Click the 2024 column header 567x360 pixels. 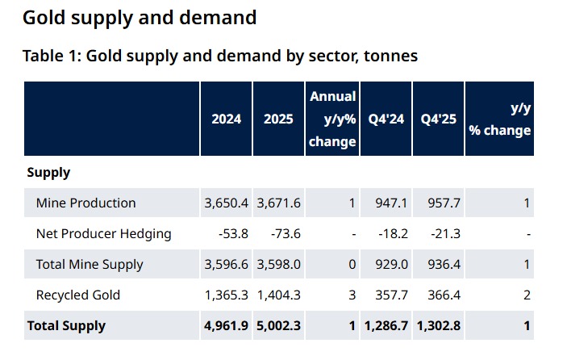226,119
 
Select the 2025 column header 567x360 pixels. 278,119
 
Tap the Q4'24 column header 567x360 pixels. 386,119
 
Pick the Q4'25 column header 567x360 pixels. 438,119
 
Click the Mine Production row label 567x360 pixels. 85,203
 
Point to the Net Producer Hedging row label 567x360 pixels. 103,234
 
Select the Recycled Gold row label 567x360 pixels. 77,295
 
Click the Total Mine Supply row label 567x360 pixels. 90,264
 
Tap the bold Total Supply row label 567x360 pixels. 66,326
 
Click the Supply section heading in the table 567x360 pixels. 48,172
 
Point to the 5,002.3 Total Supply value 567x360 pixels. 278,326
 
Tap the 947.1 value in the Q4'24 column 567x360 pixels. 390,203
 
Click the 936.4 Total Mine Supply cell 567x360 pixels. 443,264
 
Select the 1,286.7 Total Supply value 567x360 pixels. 386,326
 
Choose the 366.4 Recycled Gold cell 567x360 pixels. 443,295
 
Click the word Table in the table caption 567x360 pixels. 42,56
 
